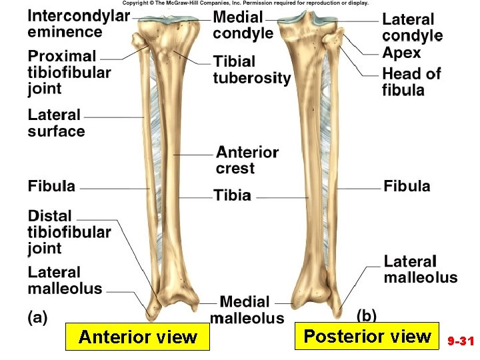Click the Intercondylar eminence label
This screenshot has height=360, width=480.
pos(79,24)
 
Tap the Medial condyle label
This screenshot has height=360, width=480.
pos(243,25)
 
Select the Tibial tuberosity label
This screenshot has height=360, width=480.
pos(252,70)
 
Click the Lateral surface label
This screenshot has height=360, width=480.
pos(56,123)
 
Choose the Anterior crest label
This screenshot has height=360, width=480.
pos(247,160)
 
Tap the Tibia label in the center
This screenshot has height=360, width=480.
pos(232,195)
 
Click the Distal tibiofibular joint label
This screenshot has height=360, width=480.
pos(69,232)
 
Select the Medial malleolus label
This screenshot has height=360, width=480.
pos(246,310)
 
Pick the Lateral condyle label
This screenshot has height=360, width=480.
pos(412,27)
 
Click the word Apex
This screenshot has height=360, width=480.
pos(401,53)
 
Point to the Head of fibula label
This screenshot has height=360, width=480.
pos(411,81)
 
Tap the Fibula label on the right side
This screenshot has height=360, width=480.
pos(407,187)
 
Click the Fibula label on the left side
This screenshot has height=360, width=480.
pos(52,187)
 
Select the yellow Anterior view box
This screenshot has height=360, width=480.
pos(137,337)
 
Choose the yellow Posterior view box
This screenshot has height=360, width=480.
pos(367,336)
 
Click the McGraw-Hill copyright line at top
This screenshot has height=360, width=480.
pos(245,3)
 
